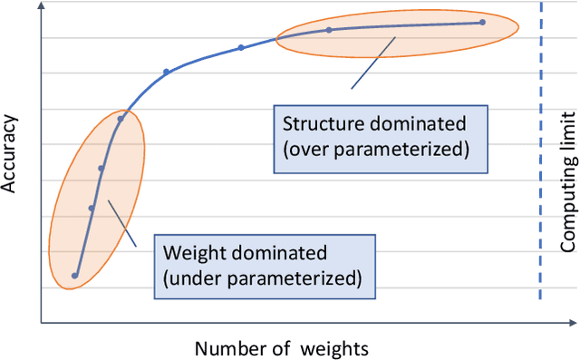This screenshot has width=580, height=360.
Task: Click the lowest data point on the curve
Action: coord(75,276)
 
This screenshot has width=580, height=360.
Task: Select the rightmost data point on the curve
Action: coord(482,23)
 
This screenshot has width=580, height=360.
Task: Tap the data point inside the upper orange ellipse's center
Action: coord(329,30)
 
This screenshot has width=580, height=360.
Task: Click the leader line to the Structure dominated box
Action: coord(373,63)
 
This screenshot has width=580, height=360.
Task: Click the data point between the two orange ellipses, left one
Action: coord(166,72)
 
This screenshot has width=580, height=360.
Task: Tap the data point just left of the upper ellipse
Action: coord(241,47)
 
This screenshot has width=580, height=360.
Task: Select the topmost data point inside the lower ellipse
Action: coord(121,118)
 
